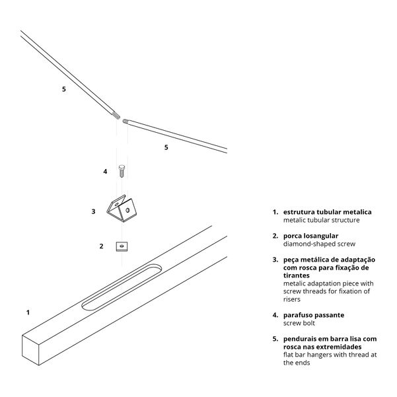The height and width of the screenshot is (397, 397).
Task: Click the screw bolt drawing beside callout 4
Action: tap(122, 171)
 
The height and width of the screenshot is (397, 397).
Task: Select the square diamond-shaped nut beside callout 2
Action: tap(122, 246)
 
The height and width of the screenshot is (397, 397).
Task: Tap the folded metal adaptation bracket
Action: tap(122, 208)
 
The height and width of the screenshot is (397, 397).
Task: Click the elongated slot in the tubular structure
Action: tap(122, 287)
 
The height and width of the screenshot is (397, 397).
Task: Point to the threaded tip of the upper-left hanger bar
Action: tap(116, 116)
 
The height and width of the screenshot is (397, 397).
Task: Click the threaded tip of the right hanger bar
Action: tap(126, 121)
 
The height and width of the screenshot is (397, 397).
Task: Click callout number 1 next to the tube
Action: tap(28, 312)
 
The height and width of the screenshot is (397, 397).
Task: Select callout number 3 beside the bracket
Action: tap(93, 211)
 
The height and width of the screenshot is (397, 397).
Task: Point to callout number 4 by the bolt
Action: tap(105, 172)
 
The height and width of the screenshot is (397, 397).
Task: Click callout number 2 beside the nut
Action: tap(101, 246)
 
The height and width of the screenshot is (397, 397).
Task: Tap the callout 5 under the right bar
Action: tap(166, 147)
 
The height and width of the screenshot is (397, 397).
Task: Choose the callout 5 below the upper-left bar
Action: tap(64, 89)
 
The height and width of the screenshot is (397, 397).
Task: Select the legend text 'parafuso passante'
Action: tap(314, 315)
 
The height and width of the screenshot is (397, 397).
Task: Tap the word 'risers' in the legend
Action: tap(292, 299)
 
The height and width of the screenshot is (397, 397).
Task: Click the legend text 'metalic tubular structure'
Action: tap(321, 220)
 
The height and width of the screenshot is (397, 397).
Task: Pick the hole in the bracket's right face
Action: tap(127, 210)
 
